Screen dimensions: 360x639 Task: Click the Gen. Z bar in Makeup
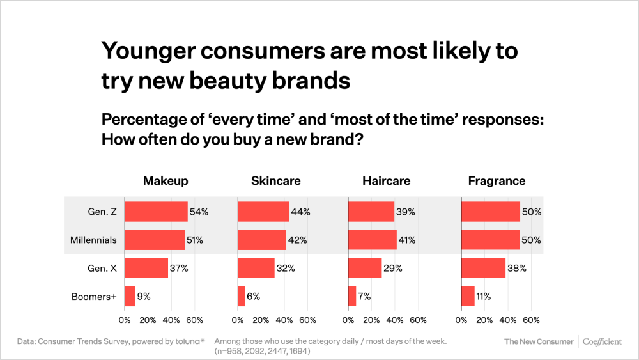point(156,212)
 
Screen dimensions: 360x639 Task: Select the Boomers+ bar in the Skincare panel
point(242,296)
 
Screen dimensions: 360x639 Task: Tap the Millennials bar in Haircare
point(373,240)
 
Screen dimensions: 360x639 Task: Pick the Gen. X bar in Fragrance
point(483,268)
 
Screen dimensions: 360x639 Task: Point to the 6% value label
point(254,296)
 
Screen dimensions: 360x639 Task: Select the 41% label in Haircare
point(407,240)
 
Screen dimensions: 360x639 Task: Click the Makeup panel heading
point(166,181)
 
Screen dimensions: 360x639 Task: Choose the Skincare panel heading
point(275,181)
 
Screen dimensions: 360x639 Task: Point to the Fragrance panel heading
point(497,181)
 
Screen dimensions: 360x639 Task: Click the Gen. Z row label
point(102,212)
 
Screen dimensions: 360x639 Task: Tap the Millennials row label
point(93,240)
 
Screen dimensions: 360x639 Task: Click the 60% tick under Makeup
point(194,320)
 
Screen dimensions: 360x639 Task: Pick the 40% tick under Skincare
point(284,320)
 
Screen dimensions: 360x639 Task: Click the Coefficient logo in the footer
point(602,341)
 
